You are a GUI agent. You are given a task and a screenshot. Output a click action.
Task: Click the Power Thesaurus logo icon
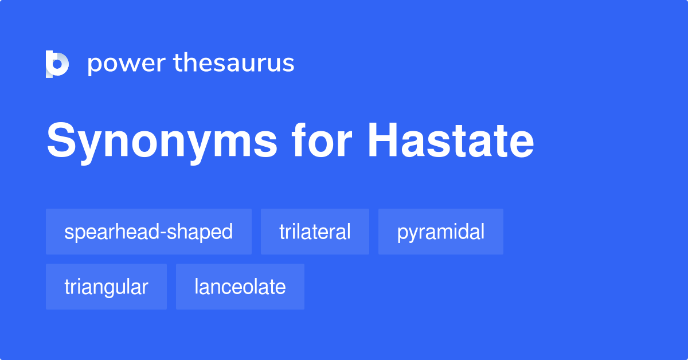tap(57, 64)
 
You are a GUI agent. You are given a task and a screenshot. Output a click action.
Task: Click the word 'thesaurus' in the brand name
tap(234, 64)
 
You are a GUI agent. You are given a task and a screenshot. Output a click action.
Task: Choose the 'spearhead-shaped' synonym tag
tap(148, 232)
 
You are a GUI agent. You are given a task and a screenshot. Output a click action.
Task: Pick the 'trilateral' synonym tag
tap(315, 232)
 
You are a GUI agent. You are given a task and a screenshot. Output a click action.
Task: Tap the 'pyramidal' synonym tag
tap(440, 232)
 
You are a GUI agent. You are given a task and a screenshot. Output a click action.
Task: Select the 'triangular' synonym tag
tap(106, 287)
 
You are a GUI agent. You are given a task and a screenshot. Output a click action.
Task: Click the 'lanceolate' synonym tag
tap(240, 287)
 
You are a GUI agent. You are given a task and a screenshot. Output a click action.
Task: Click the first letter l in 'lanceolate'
tap(197, 286)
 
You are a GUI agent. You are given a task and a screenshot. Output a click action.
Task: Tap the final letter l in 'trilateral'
tap(349, 231)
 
